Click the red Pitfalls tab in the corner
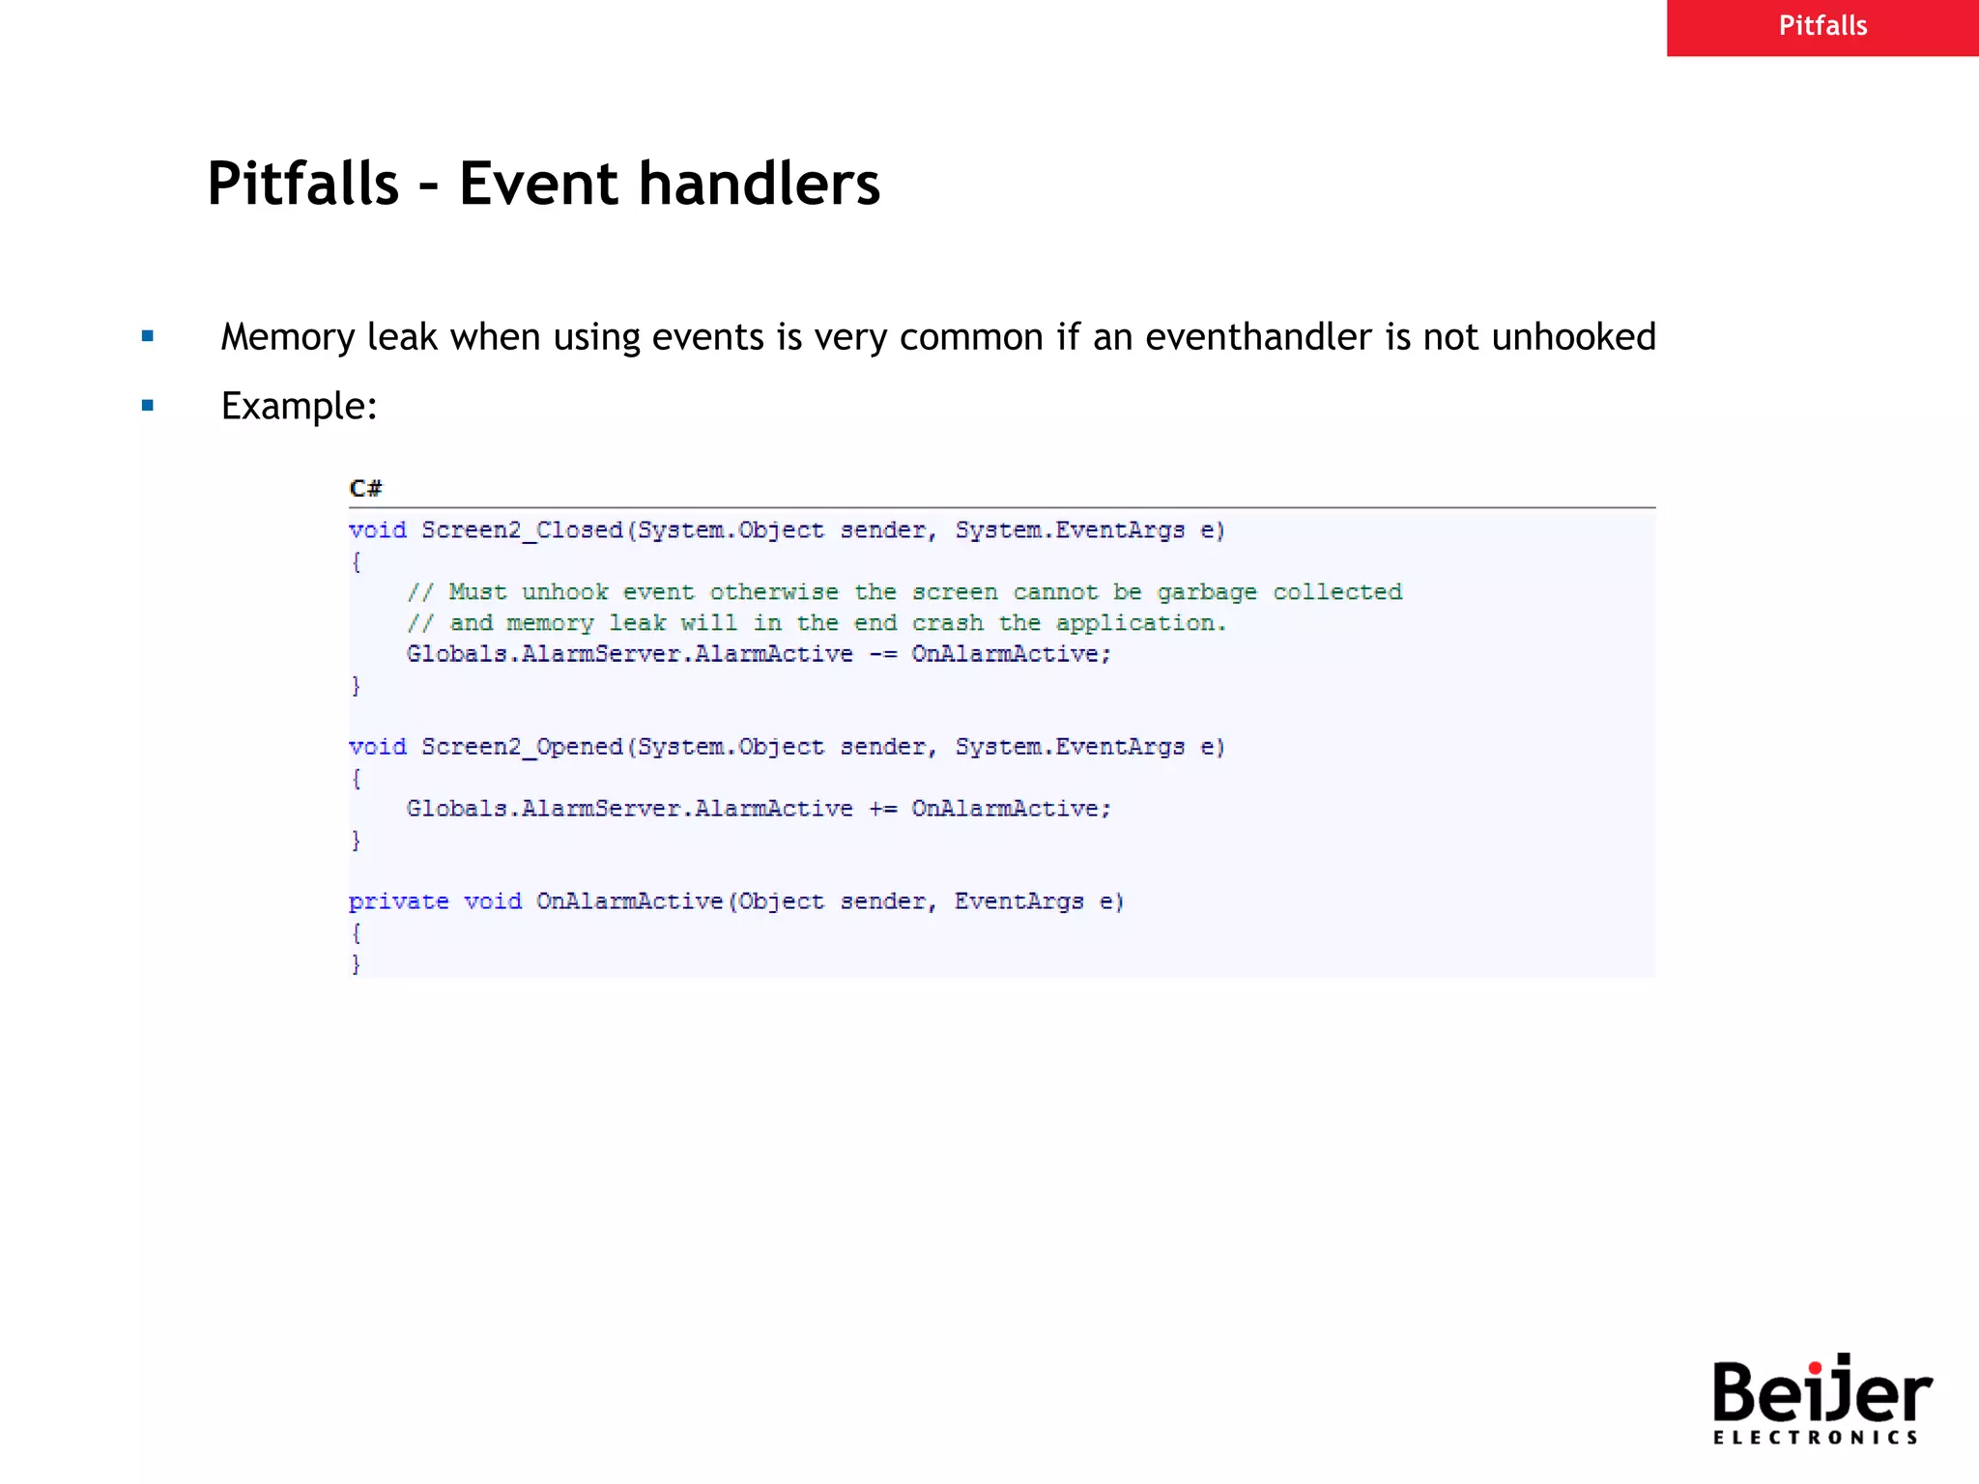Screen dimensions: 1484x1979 coord(1822,27)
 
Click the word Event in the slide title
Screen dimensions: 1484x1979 coord(537,184)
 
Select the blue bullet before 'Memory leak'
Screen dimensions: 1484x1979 coord(148,336)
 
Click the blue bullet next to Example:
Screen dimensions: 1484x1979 coord(148,406)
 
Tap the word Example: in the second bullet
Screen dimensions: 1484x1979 coord(299,407)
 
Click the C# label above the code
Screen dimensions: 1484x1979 coord(365,488)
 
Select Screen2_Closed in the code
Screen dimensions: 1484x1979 coord(522,530)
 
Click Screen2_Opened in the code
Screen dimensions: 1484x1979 coord(522,747)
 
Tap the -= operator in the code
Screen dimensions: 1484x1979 coord(882,655)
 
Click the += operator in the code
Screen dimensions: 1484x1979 coord(882,809)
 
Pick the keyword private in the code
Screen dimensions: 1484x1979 coord(398,901)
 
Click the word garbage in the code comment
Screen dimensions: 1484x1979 coord(1207,592)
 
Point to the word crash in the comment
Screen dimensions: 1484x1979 coord(947,623)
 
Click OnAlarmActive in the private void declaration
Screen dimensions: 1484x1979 coord(629,901)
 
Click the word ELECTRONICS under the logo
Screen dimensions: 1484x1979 coord(1815,1438)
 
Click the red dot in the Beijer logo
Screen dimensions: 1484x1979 coord(1815,1367)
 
